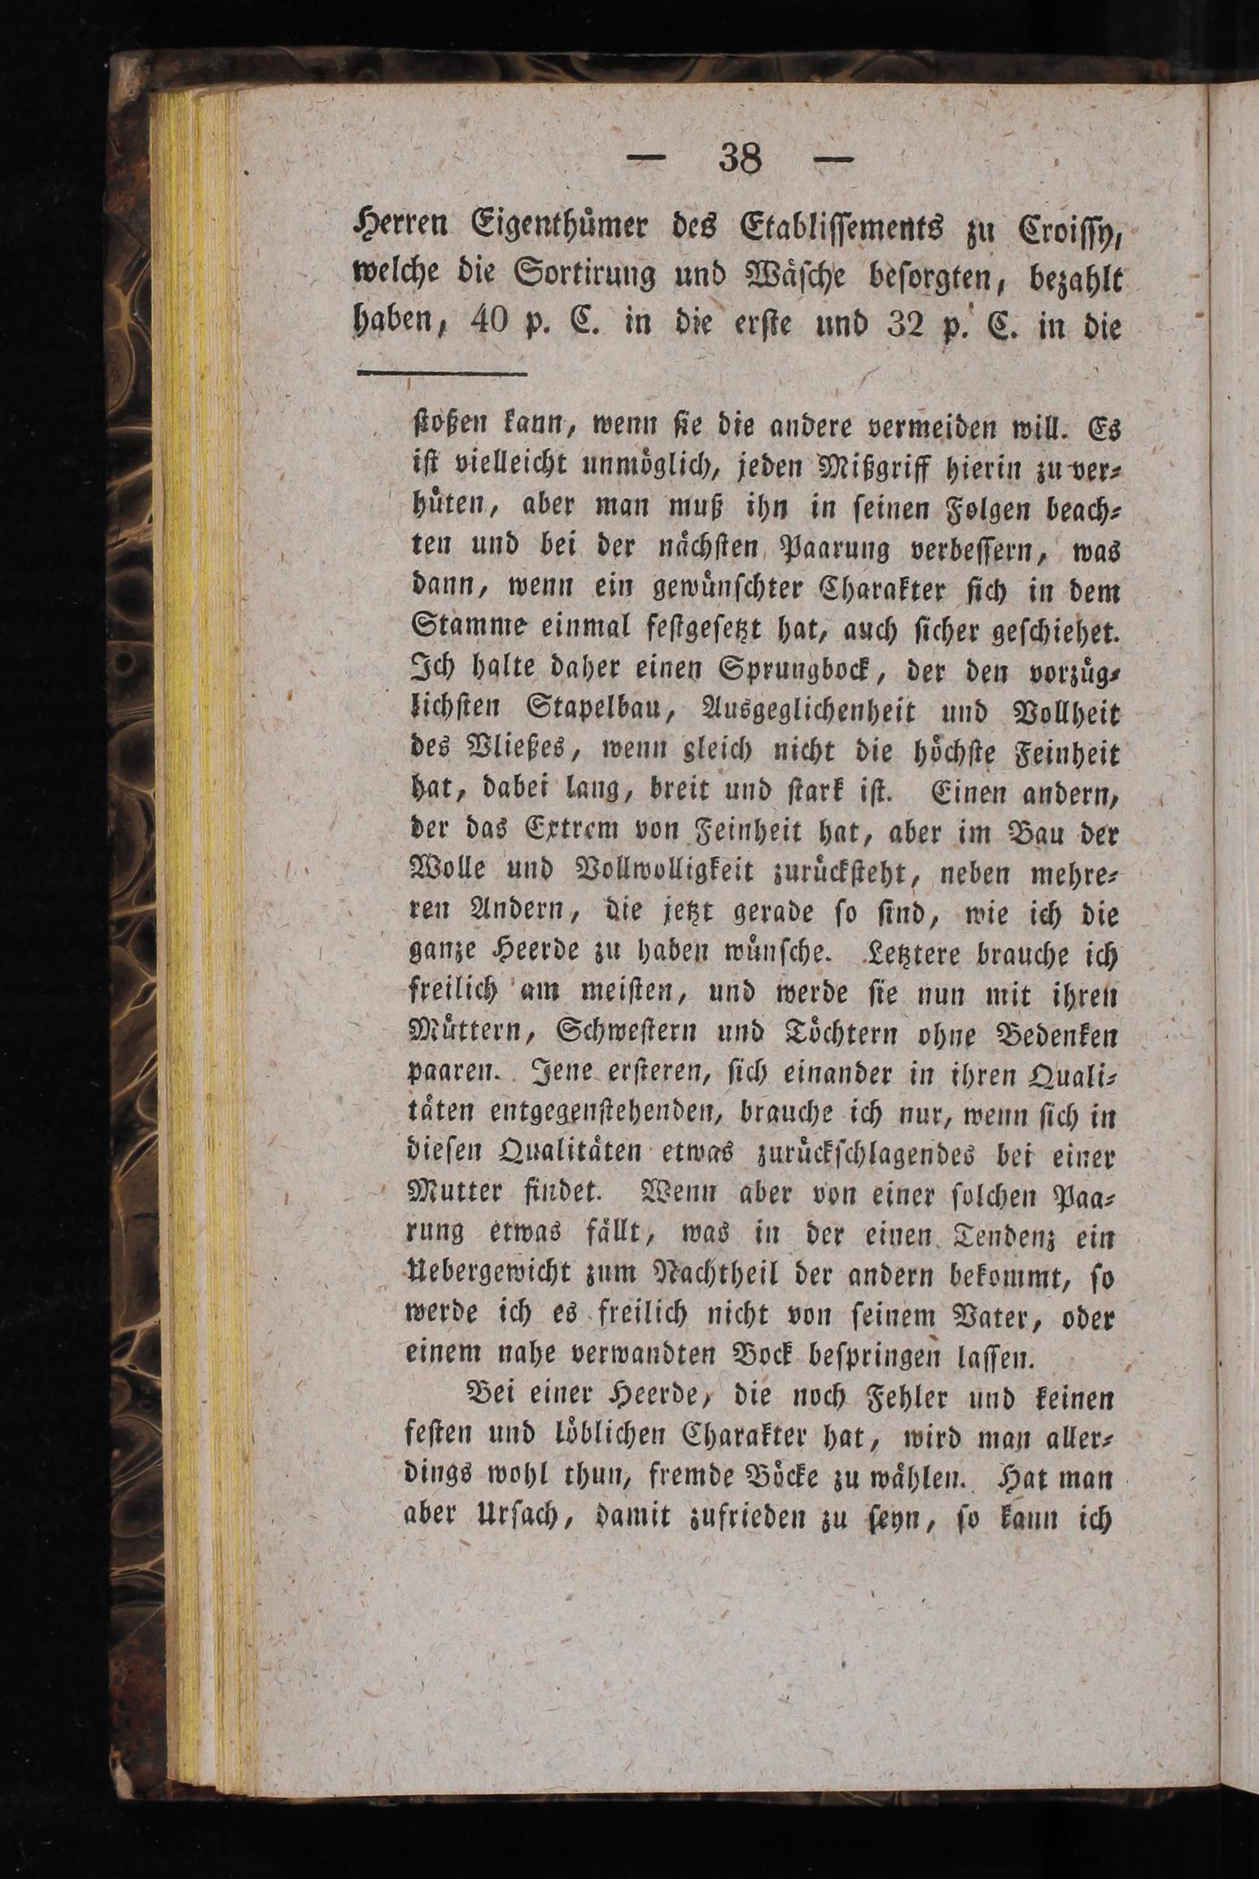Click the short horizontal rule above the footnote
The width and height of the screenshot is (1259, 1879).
point(442,374)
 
